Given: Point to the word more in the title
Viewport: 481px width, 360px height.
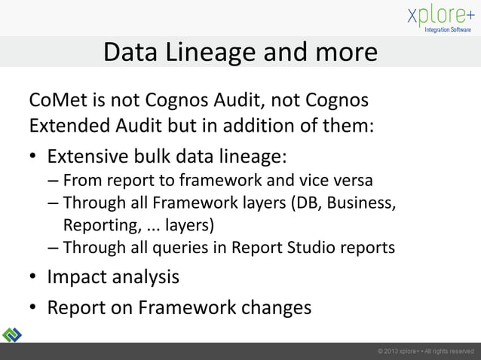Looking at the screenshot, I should point(343,53).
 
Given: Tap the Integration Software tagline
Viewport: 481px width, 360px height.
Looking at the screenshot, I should point(448,30).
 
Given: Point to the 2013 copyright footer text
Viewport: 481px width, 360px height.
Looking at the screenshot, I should point(425,352).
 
